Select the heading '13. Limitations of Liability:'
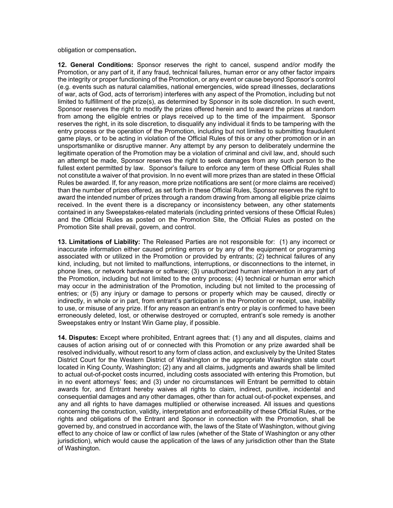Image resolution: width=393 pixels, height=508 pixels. (x=99, y=242)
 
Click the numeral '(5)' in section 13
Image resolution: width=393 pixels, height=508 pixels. (x=95, y=294)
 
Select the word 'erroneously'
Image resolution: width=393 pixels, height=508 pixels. (x=74, y=316)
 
